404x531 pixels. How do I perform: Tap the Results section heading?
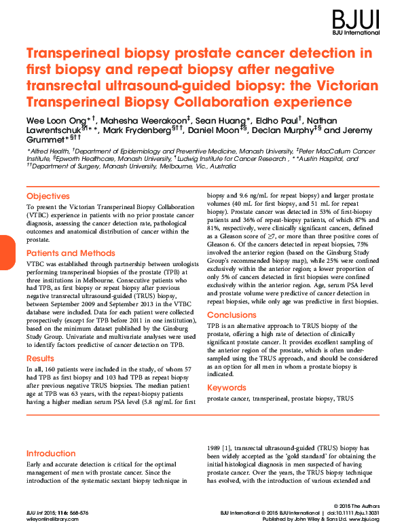pos(40,358)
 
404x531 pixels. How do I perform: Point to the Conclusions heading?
pos(232,315)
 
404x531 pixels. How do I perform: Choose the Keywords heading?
pos(227,388)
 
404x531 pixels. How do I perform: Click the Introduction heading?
pos(51,453)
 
